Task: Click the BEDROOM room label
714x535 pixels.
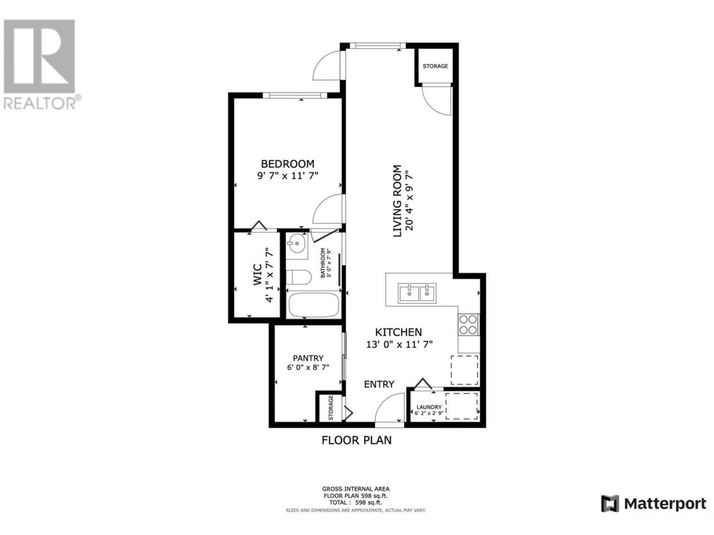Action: pos(287,163)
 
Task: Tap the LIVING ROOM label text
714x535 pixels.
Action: pos(397,201)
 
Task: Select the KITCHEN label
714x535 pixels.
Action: pos(398,332)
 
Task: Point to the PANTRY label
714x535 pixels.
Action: pos(308,358)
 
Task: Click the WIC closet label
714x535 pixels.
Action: pos(257,275)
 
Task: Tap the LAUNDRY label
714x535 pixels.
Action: pos(429,407)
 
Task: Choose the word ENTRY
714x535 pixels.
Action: pos(379,385)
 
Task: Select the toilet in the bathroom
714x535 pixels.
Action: pos(298,277)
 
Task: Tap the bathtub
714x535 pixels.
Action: pos(313,305)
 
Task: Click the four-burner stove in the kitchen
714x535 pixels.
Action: pos(468,324)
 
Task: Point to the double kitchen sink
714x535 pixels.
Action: pos(417,293)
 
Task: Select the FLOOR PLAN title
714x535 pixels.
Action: pos(356,440)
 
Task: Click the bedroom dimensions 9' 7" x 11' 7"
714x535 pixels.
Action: pos(287,176)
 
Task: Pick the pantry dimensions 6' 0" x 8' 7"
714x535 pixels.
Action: pos(308,367)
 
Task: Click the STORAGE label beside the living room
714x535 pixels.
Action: pos(435,66)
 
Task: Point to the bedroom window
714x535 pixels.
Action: pos(295,95)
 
